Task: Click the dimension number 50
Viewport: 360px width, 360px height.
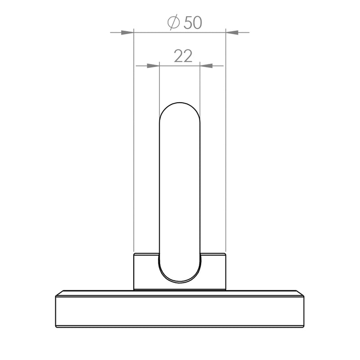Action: click(x=193, y=23)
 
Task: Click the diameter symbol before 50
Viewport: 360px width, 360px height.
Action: click(x=174, y=22)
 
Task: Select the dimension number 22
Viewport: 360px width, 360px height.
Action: click(x=183, y=56)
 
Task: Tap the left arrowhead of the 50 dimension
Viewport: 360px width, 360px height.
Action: click(x=127, y=32)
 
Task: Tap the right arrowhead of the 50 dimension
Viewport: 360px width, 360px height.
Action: click(x=232, y=32)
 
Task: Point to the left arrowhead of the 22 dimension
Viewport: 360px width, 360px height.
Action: click(x=153, y=66)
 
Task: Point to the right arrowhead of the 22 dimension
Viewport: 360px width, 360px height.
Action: click(x=206, y=66)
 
